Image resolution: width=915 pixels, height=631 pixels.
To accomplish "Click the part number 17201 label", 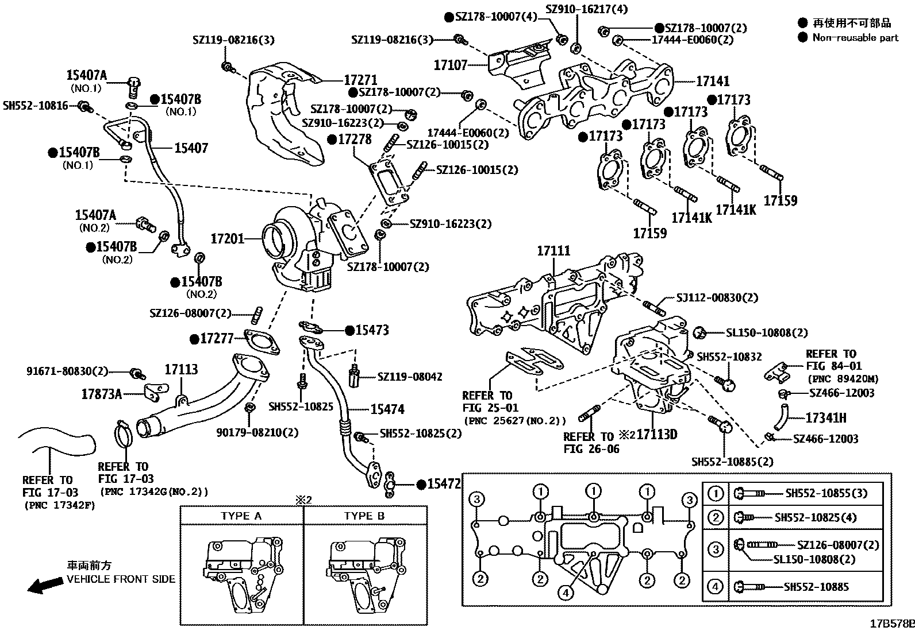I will (x=228, y=238).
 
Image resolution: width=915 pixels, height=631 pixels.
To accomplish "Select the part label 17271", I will (x=360, y=81).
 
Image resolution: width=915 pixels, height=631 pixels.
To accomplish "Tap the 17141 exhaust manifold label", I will (x=712, y=82).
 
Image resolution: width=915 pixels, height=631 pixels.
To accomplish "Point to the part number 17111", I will (x=553, y=251).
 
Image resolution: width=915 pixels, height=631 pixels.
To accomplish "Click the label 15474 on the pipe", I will (x=387, y=409).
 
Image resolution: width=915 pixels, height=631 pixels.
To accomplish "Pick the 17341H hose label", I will (x=825, y=417).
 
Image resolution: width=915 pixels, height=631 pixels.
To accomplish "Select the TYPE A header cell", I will (x=241, y=516).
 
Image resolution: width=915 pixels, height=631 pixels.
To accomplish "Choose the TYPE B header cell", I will (x=364, y=516).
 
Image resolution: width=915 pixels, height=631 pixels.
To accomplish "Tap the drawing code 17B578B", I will (x=891, y=624).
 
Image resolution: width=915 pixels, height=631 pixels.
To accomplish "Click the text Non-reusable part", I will (x=855, y=37).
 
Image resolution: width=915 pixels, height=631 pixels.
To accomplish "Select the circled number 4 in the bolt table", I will (x=715, y=587).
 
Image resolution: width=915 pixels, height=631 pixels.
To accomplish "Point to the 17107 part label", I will (x=450, y=65).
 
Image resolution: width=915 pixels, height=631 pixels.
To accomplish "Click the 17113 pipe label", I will (x=181, y=369).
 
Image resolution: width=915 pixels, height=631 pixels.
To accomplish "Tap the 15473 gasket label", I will (x=371, y=330).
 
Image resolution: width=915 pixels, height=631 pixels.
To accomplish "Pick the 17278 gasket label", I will (x=354, y=140).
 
